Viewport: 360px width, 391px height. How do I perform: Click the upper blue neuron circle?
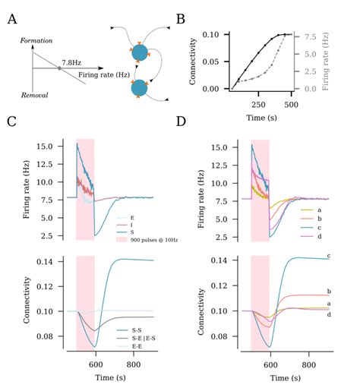tap(140, 52)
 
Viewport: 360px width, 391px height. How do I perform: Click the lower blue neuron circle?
tap(140, 88)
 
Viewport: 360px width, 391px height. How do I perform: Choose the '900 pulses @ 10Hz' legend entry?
tap(151, 238)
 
